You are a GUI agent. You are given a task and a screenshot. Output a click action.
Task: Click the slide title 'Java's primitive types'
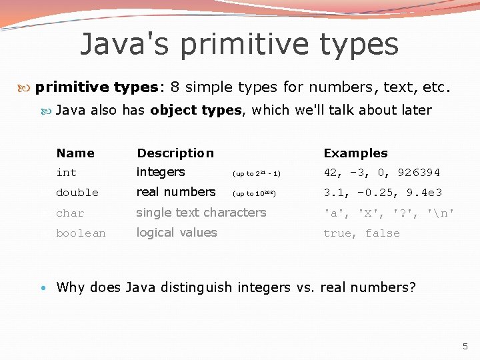click(x=239, y=45)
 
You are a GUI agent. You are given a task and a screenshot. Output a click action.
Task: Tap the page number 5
click(x=465, y=346)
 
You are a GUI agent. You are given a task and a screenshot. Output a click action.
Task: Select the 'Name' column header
click(x=75, y=153)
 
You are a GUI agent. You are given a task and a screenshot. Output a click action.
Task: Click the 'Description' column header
click(x=175, y=153)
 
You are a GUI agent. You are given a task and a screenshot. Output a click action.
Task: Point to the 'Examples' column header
click(x=355, y=153)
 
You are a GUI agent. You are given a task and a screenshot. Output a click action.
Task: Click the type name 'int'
click(x=67, y=173)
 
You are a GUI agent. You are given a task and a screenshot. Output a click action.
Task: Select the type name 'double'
click(x=77, y=193)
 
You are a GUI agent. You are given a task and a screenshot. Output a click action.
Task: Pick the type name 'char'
click(x=70, y=213)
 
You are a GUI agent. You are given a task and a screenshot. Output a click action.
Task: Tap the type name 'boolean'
click(x=81, y=233)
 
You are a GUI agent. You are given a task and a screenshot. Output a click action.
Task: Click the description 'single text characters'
click(x=201, y=213)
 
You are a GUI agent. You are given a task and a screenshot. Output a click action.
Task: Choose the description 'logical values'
click(x=177, y=233)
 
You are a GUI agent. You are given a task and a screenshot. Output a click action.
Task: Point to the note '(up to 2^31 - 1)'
click(x=256, y=174)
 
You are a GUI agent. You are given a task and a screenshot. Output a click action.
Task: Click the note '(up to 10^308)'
click(x=253, y=194)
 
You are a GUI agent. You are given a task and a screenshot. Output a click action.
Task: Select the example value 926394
click(x=419, y=173)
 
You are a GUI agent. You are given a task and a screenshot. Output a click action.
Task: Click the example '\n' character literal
click(x=441, y=213)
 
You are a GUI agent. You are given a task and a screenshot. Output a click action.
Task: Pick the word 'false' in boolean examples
click(x=383, y=233)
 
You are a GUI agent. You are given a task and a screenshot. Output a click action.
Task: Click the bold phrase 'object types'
click(x=196, y=110)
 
